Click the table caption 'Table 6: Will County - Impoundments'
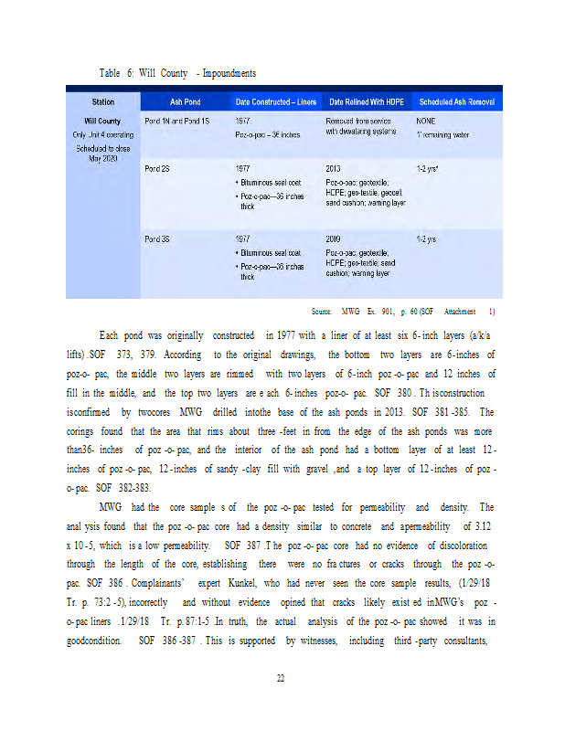coord(177,72)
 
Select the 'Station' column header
coord(102,101)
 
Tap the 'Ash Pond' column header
coord(185,101)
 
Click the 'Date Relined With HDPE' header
coord(366,101)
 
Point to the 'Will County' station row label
coord(102,121)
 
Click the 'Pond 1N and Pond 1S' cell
coord(177,121)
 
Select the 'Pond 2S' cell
coord(157,169)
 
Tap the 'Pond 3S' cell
coord(157,239)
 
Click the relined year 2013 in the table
coord(334,169)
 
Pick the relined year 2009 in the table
coord(334,239)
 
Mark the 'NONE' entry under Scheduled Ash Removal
coord(426,121)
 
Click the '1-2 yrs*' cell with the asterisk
coord(428,169)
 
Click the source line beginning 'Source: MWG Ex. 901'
coord(403,312)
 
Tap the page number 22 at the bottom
coord(282,677)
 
